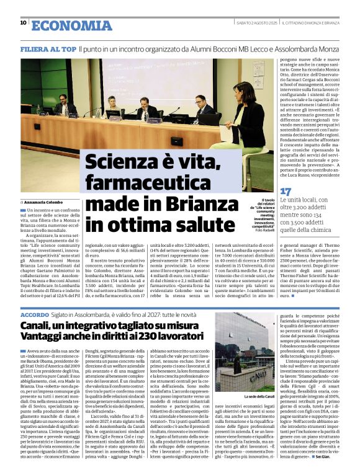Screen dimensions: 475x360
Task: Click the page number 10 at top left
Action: tap(24, 23)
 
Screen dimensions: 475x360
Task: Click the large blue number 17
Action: tap(286, 192)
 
